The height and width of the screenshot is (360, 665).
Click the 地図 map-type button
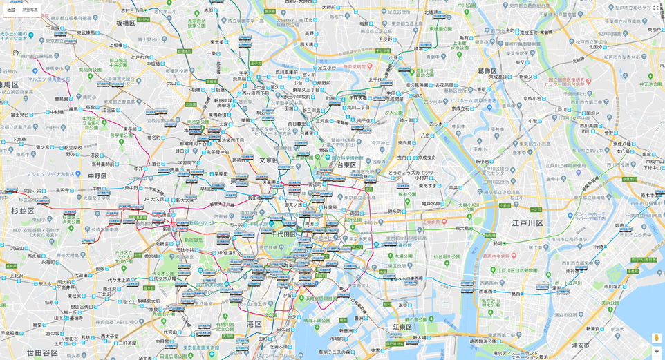(11, 10)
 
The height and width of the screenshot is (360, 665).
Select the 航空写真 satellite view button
(30, 10)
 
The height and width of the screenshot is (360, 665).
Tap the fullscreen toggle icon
(656, 8)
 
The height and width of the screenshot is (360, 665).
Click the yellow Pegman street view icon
(656, 338)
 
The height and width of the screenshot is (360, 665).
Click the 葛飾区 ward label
(487, 70)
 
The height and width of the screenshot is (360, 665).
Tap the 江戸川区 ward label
(527, 223)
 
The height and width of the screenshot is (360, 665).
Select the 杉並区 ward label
(22, 211)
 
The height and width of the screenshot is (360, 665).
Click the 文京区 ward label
(268, 160)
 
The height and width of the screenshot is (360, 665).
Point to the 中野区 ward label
(97, 176)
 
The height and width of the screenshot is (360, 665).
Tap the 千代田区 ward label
(283, 234)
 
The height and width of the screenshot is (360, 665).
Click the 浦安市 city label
(580, 345)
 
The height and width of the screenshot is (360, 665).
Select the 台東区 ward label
(346, 165)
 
